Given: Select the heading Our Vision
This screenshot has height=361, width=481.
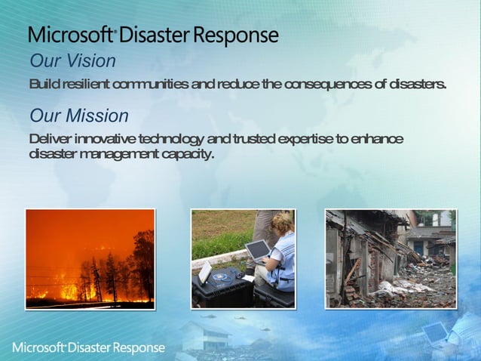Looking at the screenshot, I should (72, 61).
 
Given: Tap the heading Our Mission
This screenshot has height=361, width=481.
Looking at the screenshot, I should (78, 116).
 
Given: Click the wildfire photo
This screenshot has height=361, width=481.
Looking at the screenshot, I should (90, 258).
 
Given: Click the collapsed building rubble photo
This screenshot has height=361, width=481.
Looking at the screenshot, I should (391, 258).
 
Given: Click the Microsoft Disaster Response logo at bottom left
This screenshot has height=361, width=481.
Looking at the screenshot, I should (88, 347).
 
